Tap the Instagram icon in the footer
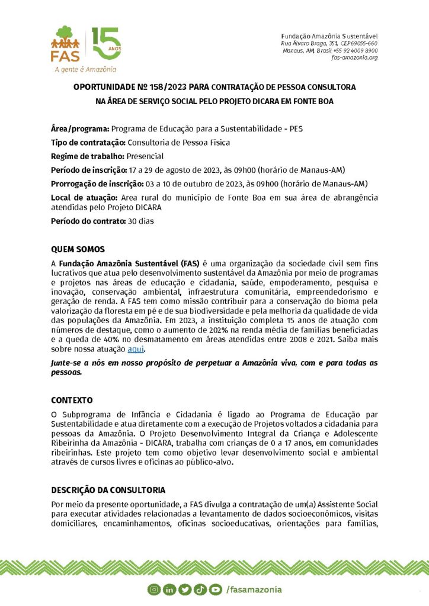[x=154, y=589]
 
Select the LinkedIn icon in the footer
[x=169, y=589]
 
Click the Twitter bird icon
[x=184, y=589]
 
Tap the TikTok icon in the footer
[x=200, y=589]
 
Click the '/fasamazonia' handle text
[x=254, y=589]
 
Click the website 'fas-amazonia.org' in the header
[x=354, y=57]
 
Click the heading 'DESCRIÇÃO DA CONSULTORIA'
[x=108, y=491]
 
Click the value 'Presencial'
[x=145, y=156]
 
